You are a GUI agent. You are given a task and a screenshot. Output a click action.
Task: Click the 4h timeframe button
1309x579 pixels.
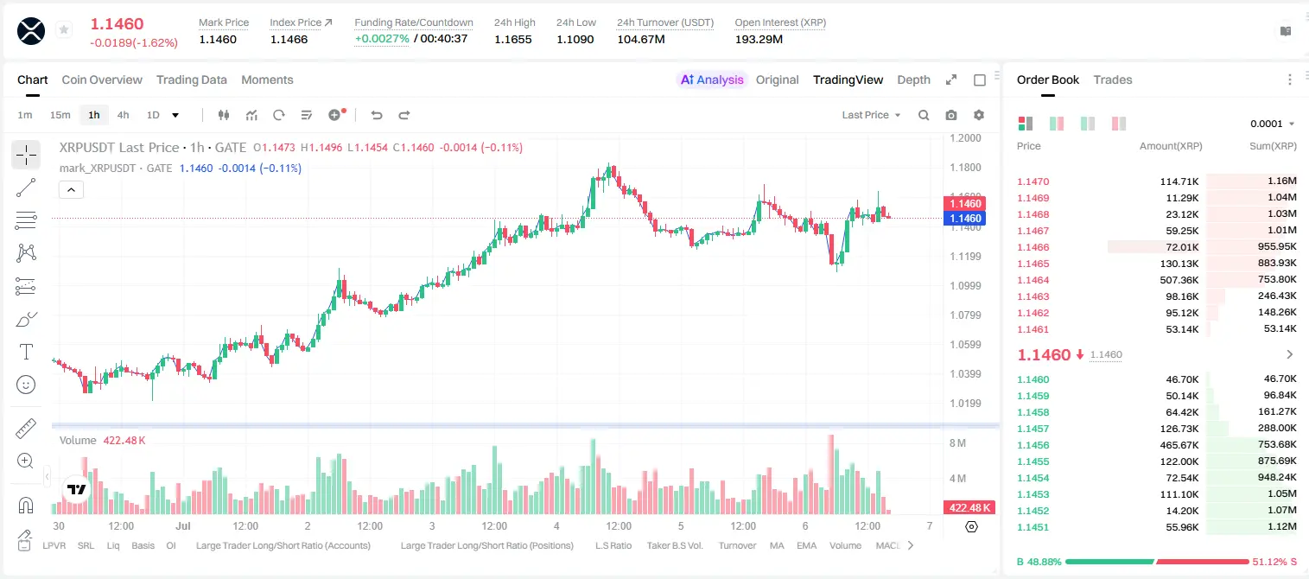pyautogui.click(x=123, y=115)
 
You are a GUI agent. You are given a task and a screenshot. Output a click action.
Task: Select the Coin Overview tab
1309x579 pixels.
pyautogui.click(x=102, y=80)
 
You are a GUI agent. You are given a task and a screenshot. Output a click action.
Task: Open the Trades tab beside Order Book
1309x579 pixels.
pyautogui.click(x=1113, y=80)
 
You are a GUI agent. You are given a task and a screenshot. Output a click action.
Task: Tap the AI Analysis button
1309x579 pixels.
pyautogui.click(x=712, y=80)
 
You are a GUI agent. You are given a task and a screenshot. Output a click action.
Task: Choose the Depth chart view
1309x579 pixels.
pyautogui.click(x=913, y=80)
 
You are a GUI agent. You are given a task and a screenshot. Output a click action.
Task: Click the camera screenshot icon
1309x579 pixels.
pyautogui.click(x=951, y=115)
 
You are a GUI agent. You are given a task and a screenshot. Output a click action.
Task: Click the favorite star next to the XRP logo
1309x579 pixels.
pyautogui.click(x=64, y=29)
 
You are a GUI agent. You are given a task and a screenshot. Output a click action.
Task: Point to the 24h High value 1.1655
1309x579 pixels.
pyautogui.click(x=513, y=39)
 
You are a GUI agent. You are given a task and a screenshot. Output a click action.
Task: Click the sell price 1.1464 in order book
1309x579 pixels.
pyautogui.click(x=1033, y=280)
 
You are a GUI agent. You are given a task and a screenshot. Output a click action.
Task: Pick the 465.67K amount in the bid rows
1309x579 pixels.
pyautogui.click(x=1179, y=445)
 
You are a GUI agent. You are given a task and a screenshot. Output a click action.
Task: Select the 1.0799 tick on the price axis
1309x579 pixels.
pyautogui.click(x=965, y=315)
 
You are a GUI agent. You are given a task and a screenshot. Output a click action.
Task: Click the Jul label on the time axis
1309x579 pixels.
pyautogui.click(x=183, y=525)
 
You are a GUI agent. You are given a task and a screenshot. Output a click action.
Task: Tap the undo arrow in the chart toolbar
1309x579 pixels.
pyautogui.click(x=377, y=115)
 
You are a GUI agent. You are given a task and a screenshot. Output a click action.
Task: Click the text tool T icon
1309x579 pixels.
pyautogui.click(x=26, y=352)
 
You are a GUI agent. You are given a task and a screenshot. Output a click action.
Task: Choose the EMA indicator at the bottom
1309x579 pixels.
pyautogui.click(x=806, y=545)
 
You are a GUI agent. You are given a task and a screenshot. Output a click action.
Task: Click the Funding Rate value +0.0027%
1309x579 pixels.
pyautogui.click(x=382, y=39)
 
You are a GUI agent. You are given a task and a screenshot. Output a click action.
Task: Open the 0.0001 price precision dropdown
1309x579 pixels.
pyautogui.click(x=1272, y=124)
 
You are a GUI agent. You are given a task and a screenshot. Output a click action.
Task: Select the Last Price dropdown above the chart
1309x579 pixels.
pyautogui.click(x=871, y=115)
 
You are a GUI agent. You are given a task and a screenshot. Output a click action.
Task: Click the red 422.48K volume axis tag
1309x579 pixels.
pyautogui.click(x=969, y=508)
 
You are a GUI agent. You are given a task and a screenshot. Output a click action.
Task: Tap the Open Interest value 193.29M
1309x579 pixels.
pyautogui.click(x=759, y=39)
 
